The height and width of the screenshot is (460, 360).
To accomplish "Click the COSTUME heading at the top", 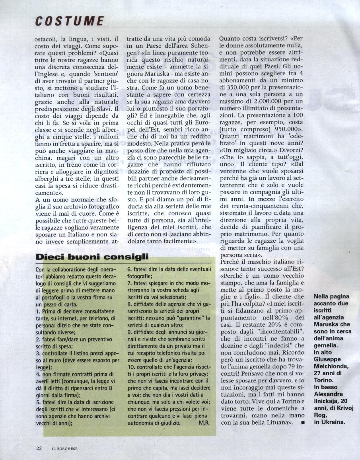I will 69,21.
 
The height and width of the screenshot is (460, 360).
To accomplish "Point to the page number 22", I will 39,448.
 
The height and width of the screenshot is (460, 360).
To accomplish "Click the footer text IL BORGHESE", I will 65,448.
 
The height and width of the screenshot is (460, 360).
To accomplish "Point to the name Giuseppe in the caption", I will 327,359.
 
